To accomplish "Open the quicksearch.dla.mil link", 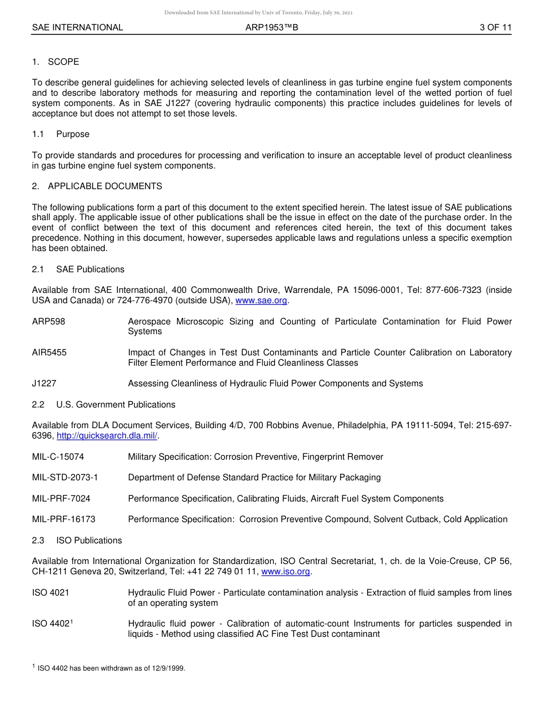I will pos(107,436).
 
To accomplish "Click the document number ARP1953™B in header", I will pos(271,27).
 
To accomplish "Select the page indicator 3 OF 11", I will pos(495,27).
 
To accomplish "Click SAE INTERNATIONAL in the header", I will pos(77,27).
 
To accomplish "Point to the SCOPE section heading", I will pos(63,62).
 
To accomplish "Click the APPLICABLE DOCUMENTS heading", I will pos(105,186).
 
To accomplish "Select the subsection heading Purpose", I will pos(73,134).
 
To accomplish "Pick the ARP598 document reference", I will pos(49,322).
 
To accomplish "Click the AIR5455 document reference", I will pos(49,352).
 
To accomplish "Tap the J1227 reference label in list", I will pos(44,383).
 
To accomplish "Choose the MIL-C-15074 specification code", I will pos(58,457).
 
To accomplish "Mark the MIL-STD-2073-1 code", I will pos(65,477).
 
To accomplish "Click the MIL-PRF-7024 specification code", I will pos(61,499).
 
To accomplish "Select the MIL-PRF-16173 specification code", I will pos(64,519).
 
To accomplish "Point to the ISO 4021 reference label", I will pos(51,593).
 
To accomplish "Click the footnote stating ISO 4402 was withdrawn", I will pos(111,668).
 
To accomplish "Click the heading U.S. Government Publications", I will pos(116,405).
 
